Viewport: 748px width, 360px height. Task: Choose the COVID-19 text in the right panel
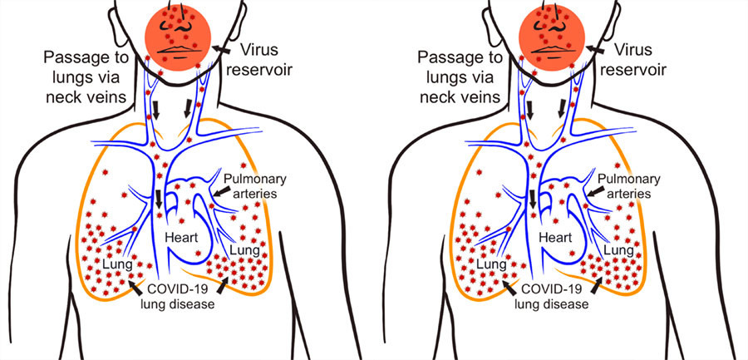pyautogui.click(x=555, y=290)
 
